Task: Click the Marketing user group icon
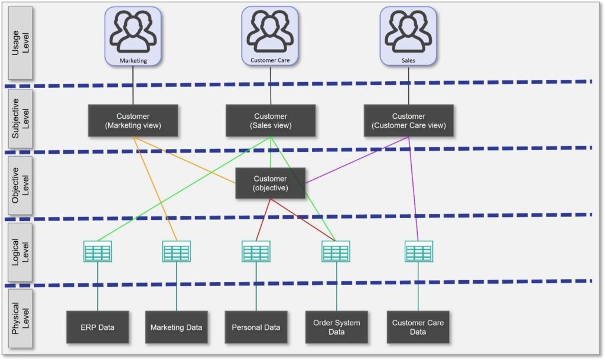133,36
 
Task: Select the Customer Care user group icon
270,35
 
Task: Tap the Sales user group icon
408,36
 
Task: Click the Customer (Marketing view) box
133,121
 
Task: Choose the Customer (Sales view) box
271,121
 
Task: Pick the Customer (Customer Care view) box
409,121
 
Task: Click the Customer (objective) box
270,183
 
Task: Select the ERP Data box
97,327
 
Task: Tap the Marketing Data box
176,327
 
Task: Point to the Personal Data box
256,327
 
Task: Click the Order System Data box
336,327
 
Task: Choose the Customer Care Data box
418,327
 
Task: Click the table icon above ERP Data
97,252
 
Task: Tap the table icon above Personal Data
256,252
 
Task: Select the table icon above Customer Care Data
419,252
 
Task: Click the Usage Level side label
21,43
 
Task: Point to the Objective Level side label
21,185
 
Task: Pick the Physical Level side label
21,319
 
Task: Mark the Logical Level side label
21,252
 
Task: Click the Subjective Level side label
21,118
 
